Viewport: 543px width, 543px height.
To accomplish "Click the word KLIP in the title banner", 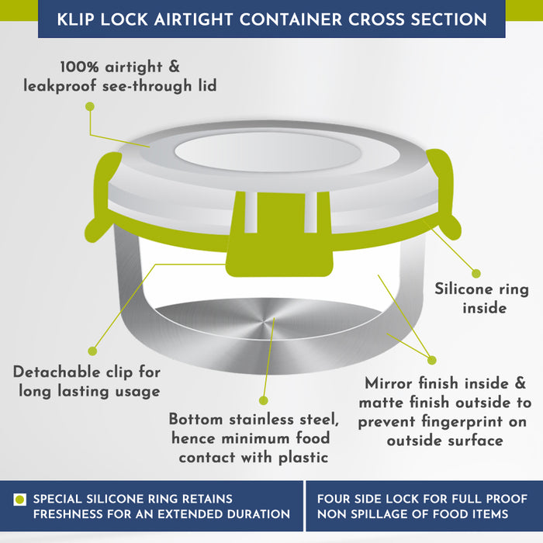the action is point(75,19).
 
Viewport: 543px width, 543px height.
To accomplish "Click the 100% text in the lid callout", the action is point(79,67).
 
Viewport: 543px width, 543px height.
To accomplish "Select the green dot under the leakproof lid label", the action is point(90,107).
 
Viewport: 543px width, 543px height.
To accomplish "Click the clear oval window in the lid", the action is point(268,152).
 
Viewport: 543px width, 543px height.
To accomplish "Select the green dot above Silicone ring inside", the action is point(476,274).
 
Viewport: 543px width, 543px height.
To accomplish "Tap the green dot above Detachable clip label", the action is point(92,351).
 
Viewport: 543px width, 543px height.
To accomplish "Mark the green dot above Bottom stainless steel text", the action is point(264,401).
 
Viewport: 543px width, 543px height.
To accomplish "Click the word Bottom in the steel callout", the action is point(196,420).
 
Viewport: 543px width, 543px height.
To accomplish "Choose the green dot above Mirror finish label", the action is point(432,360).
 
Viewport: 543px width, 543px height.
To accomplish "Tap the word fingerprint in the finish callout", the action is point(462,422).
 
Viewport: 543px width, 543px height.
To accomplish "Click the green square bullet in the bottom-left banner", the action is point(19,500).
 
